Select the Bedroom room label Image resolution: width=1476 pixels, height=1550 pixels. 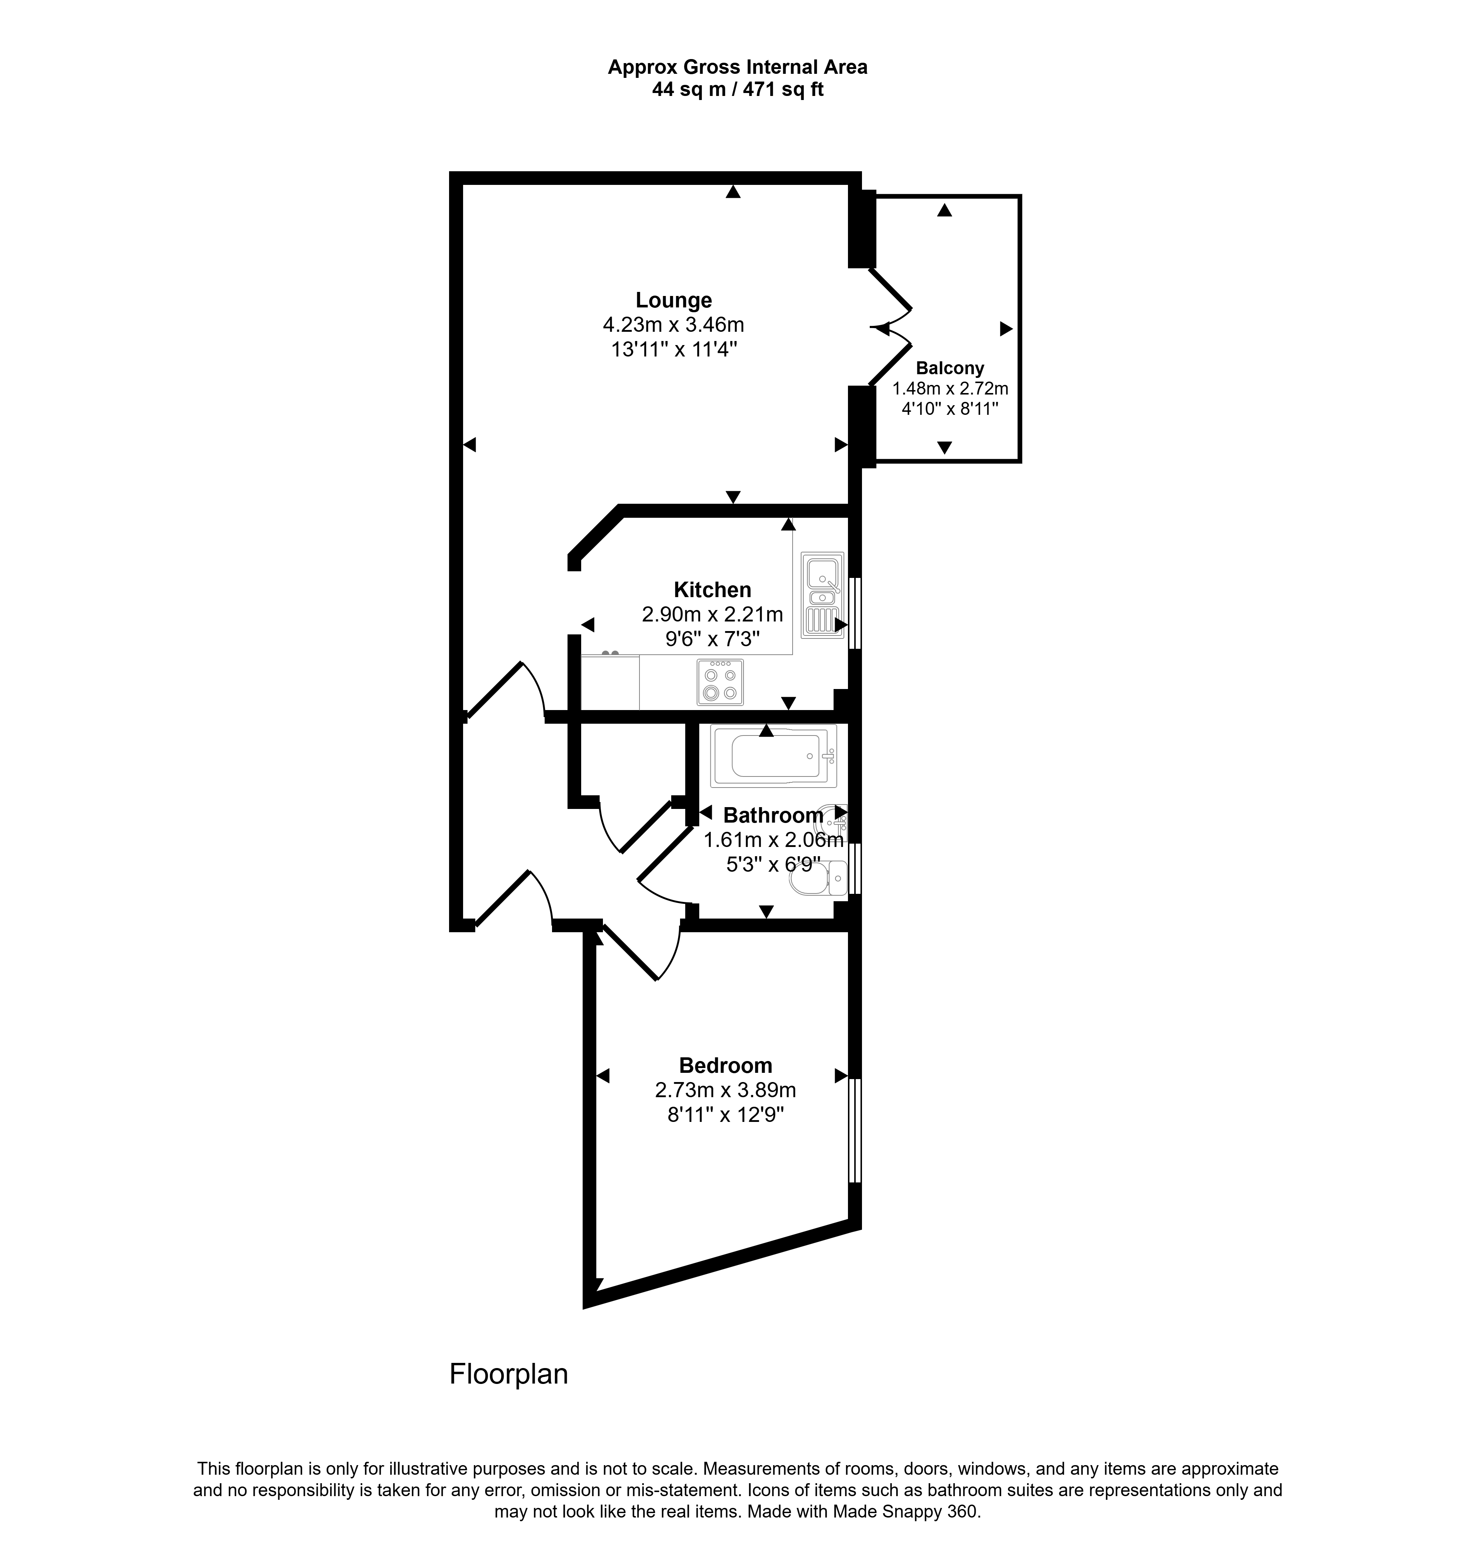click(x=725, y=1065)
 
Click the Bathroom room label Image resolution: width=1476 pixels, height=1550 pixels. click(x=773, y=815)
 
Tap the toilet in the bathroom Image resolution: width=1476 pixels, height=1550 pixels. click(x=818, y=878)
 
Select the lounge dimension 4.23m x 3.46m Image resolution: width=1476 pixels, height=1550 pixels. click(x=673, y=324)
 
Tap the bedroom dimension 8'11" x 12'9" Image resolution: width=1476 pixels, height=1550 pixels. click(x=725, y=1115)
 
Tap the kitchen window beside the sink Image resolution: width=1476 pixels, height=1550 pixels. click(x=855, y=614)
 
